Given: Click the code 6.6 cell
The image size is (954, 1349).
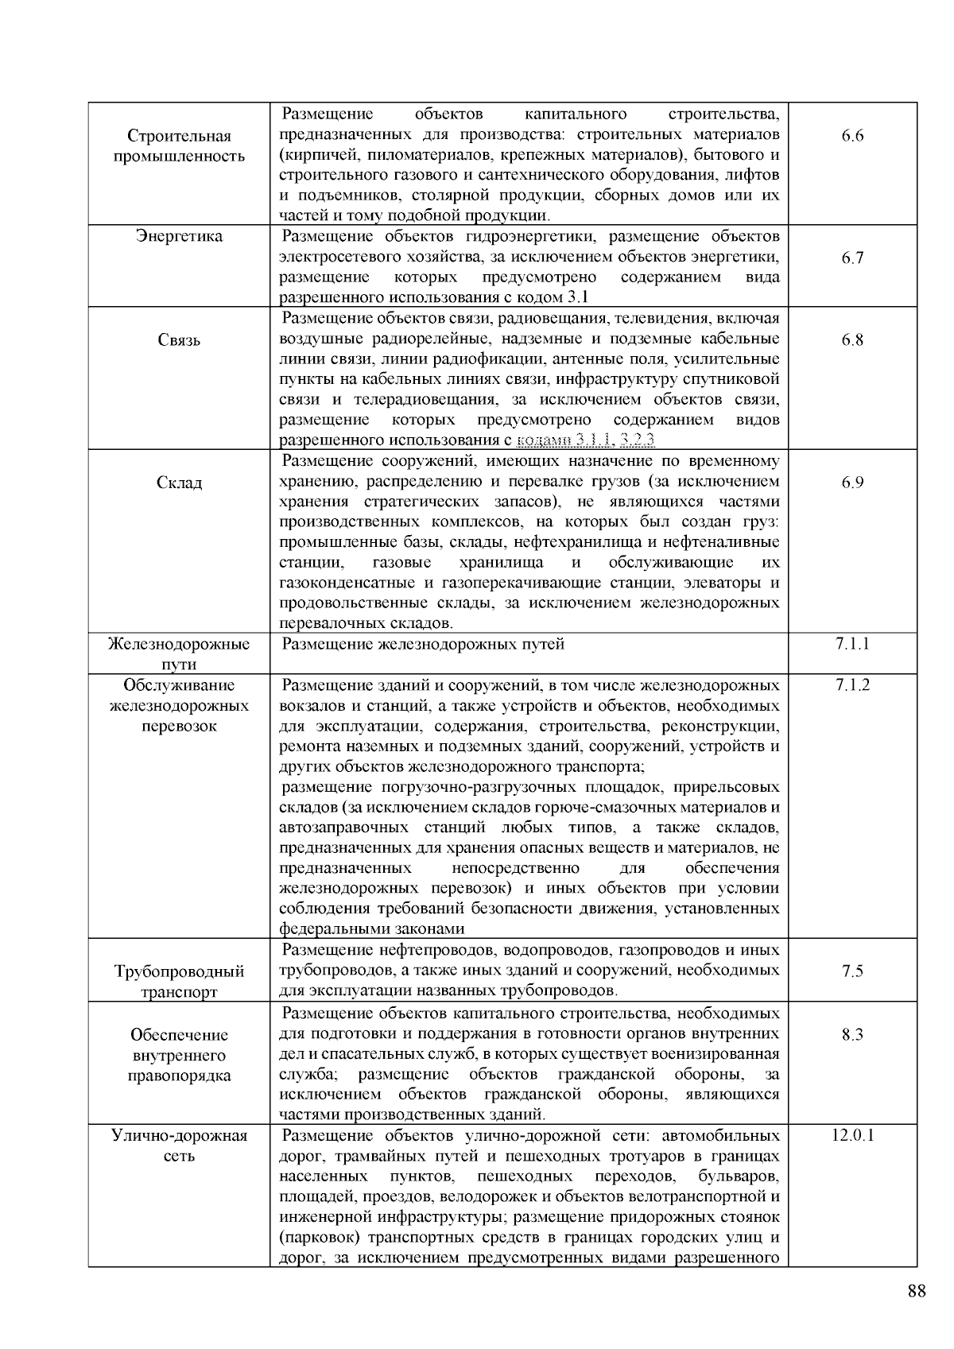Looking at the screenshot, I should (x=852, y=136).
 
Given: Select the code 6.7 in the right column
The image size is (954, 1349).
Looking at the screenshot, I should (x=852, y=258).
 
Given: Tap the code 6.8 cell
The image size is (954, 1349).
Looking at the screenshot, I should (x=852, y=340).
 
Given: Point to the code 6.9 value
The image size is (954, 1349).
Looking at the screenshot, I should (x=852, y=483).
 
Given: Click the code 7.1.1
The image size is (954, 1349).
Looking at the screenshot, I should (x=852, y=644).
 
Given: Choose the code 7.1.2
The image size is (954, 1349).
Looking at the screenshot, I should (x=852, y=685).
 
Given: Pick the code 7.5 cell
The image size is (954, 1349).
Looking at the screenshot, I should (x=852, y=971).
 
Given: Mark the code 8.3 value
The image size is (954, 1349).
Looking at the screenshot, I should (x=852, y=1034).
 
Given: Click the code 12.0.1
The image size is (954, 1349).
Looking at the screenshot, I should (x=852, y=1135).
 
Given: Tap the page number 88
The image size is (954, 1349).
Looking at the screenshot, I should (x=916, y=1290).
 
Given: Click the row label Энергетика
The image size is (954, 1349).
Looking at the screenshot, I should (x=179, y=237).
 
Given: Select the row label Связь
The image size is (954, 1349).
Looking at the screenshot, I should (x=179, y=340).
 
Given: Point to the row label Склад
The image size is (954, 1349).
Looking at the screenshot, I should (x=179, y=483).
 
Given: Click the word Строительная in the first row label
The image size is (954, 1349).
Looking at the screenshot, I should (x=179, y=136).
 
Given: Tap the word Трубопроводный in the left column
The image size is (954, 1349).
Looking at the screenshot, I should (x=179, y=971).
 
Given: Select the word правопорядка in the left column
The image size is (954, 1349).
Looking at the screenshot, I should (x=179, y=1076).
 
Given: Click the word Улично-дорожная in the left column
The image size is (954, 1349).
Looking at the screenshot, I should (x=179, y=1135).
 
